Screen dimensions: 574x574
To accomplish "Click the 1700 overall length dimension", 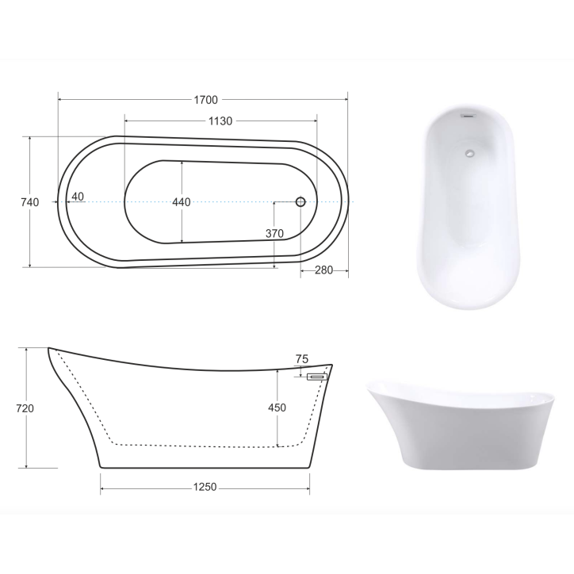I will tap(205, 100).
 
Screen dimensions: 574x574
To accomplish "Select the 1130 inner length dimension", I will tap(220, 121).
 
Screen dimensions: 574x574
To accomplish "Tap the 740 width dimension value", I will tap(29, 202).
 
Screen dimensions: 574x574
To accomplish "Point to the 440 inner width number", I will tap(182, 202).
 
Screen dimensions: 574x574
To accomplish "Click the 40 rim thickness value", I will tap(78, 196).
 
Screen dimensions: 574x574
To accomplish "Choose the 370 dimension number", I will tap(274, 233).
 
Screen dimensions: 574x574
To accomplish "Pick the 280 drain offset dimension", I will tap(323, 270).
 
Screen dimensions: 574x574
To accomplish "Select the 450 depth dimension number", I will tap(277, 408).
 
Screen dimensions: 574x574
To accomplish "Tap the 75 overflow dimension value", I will tap(301, 359).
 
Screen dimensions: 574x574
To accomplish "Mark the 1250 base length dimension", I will tap(205, 488).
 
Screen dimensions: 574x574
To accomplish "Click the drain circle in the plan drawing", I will tap(300, 202).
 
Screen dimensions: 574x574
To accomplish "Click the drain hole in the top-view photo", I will tap(470, 154).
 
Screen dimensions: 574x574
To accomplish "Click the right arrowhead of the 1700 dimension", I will tap(346, 100).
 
